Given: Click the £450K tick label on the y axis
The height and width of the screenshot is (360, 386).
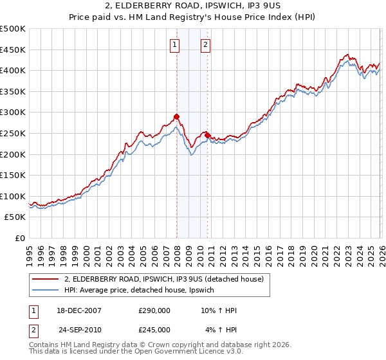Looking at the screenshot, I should (x=13, y=50).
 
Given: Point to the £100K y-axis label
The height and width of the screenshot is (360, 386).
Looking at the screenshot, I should (x=13, y=196).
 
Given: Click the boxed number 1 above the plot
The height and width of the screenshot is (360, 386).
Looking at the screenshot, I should (x=175, y=45).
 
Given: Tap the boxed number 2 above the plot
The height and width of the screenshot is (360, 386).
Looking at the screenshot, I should (x=205, y=45).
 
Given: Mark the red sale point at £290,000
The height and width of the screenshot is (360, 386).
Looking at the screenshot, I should (x=176, y=116).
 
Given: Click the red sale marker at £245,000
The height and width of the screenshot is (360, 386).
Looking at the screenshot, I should (x=208, y=135).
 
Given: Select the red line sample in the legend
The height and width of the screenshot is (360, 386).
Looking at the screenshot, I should (x=45, y=279).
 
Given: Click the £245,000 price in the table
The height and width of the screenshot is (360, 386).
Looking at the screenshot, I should (x=154, y=329).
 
